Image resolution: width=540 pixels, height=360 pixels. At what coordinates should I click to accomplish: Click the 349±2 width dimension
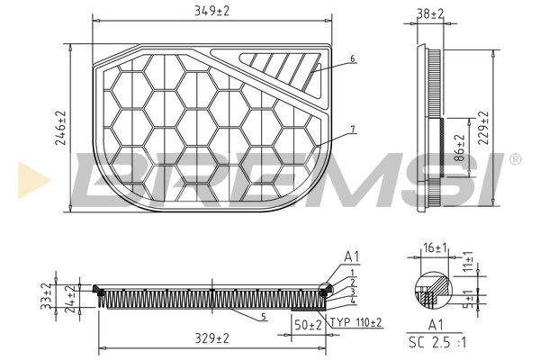(211, 11)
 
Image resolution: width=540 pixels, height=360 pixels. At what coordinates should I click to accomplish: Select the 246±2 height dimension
(60, 128)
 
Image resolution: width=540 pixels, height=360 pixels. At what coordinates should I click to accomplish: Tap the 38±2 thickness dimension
(430, 13)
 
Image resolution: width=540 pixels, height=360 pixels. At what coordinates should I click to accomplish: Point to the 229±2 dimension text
(483, 128)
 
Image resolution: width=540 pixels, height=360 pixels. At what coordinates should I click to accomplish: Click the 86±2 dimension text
(460, 148)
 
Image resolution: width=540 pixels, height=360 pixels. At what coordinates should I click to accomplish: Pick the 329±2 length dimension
(211, 338)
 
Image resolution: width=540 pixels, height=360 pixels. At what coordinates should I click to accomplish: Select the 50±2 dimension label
(308, 325)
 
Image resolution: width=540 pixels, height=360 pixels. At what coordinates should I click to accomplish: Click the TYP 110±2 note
(355, 323)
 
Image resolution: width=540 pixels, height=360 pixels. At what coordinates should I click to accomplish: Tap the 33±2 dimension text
(46, 296)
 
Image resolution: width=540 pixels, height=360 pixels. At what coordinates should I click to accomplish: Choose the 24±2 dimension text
(70, 299)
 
